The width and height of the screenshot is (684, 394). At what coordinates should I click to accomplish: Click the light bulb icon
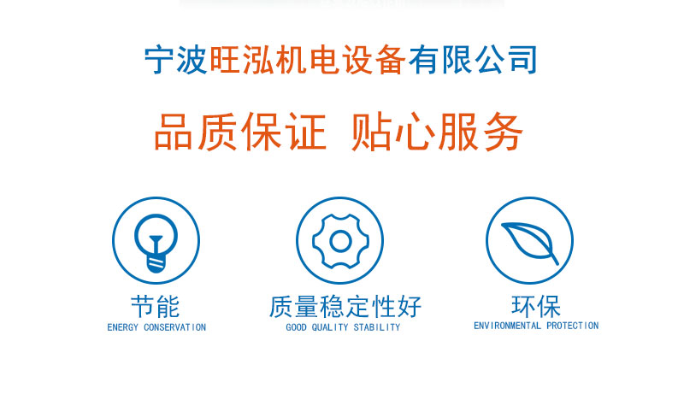[156, 243]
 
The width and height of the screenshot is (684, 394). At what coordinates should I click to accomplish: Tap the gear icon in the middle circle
[340, 240]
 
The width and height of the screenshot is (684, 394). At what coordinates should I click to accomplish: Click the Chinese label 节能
[156, 307]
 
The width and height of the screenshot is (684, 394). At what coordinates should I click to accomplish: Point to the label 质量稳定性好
[345, 306]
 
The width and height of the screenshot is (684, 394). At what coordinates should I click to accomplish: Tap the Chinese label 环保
[536, 306]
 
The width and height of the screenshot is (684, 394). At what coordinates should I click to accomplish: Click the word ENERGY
[122, 327]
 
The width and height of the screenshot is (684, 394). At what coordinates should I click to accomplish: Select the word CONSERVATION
[175, 327]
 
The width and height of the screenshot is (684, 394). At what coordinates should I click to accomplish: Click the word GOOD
[296, 327]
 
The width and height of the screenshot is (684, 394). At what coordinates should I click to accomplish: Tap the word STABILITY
[376, 327]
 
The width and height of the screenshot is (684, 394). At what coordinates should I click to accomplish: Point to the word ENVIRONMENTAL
[507, 326]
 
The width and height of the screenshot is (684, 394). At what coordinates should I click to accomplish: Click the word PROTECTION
[572, 326]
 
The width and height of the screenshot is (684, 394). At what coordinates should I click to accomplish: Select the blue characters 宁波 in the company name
[176, 59]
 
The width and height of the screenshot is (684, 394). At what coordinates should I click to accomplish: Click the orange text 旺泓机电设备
[308, 59]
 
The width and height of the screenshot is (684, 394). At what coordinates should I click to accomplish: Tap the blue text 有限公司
[473, 59]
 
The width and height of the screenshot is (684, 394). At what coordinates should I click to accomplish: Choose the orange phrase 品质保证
[240, 132]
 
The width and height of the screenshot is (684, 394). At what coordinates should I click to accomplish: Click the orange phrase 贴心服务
[437, 132]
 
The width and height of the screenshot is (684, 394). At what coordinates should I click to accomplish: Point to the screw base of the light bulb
[156, 264]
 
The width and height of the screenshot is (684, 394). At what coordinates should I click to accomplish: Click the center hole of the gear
[340, 240]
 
